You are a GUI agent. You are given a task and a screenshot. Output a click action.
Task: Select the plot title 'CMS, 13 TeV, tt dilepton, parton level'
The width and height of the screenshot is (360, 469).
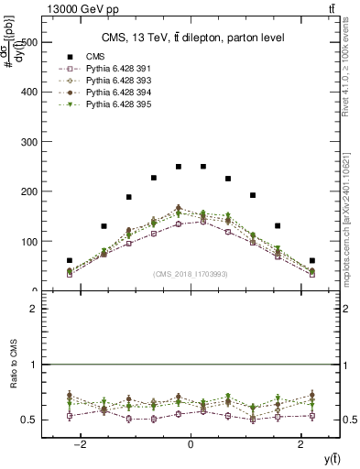(192, 38)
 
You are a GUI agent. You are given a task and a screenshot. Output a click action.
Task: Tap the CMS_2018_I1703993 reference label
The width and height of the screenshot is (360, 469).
(190, 274)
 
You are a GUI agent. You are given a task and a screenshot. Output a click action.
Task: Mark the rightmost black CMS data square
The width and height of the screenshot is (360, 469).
(312, 261)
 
